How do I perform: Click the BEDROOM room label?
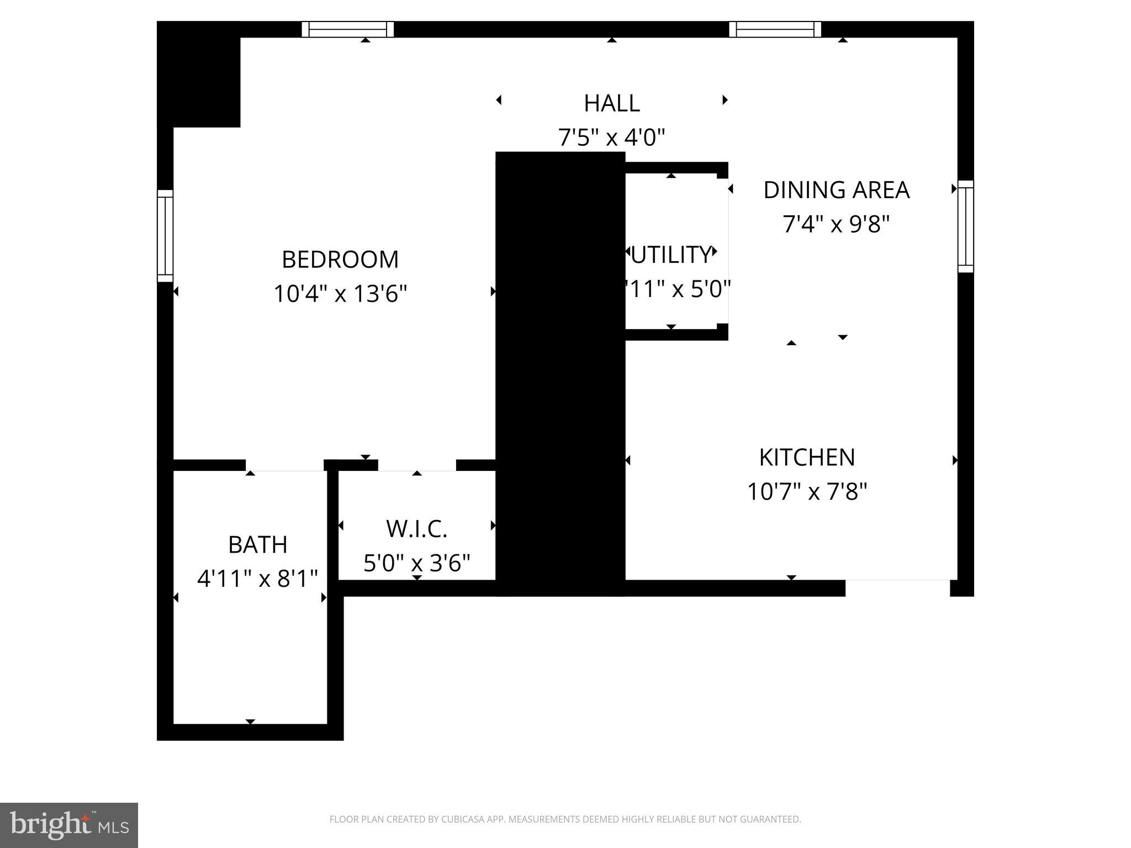point(340,259)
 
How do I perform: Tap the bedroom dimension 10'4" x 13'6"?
point(340,294)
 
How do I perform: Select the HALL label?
point(612,103)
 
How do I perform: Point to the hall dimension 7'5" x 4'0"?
point(612,137)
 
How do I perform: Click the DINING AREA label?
point(836,190)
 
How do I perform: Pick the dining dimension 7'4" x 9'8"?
point(836,224)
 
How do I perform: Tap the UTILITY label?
point(670,255)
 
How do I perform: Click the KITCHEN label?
point(807,457)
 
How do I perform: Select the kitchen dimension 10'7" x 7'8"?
point(807,491)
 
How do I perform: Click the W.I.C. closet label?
point(416,529)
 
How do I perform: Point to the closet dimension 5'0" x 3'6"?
point(416,563)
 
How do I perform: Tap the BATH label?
point(257,545)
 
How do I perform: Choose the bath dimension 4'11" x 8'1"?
point(257,579)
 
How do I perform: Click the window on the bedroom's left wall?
point(165,236)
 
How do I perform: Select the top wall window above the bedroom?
point(348,29)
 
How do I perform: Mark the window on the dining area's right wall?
point(965,226)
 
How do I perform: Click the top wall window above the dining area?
point(775,29)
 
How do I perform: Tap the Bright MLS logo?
point(69,825)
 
